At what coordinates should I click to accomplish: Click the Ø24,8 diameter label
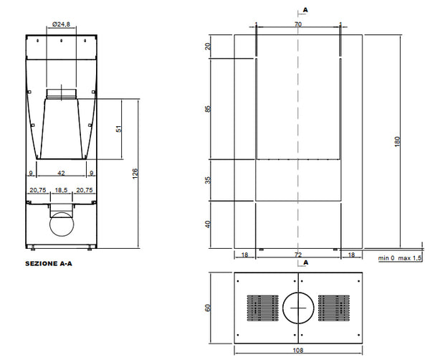tap(61, 24)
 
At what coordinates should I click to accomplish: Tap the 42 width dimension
tap(61, 172)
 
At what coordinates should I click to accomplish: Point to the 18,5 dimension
tap(61, 190)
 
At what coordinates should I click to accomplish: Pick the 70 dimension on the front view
tap(298, 24)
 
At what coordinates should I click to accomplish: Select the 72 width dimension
tap(298, 255)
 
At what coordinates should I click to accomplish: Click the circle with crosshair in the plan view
tap(298, 308)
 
